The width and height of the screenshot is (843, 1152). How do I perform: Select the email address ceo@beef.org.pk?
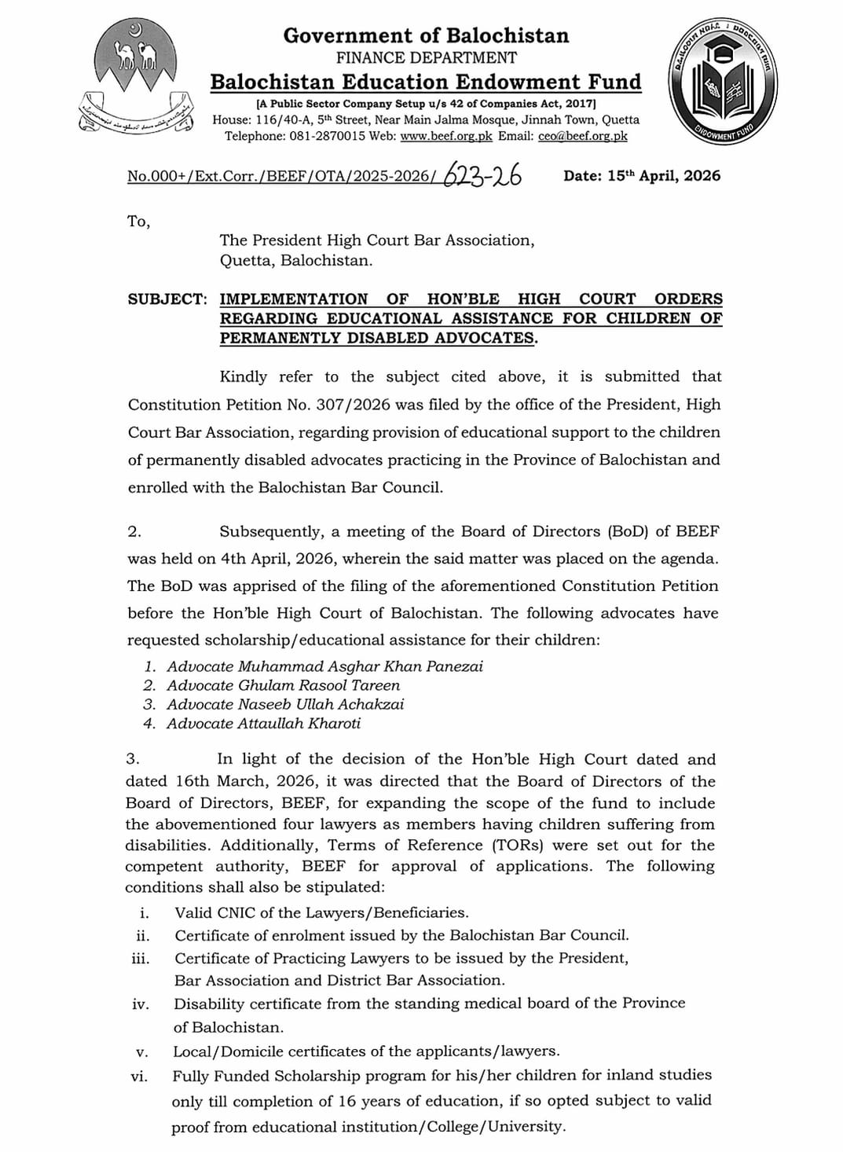[x=583, y=136]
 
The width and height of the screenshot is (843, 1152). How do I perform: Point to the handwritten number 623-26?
[x=483, y=175]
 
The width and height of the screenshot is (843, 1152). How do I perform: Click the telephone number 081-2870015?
[x=320, y=136]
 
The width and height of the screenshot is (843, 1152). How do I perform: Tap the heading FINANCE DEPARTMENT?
[x=427, y=57]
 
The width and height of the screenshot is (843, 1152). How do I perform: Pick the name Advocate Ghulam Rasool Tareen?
[x=283, y=685]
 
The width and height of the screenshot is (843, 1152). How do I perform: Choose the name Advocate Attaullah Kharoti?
[x=263, y=724]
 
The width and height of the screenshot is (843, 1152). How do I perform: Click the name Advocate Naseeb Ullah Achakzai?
[x=285, y=705]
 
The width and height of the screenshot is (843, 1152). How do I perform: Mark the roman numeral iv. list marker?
[x=141, y=1004]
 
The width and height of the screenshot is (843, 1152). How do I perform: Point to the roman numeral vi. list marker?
[x=141, y=1076]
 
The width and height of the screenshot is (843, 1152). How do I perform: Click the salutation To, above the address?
[x=138, y=222]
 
